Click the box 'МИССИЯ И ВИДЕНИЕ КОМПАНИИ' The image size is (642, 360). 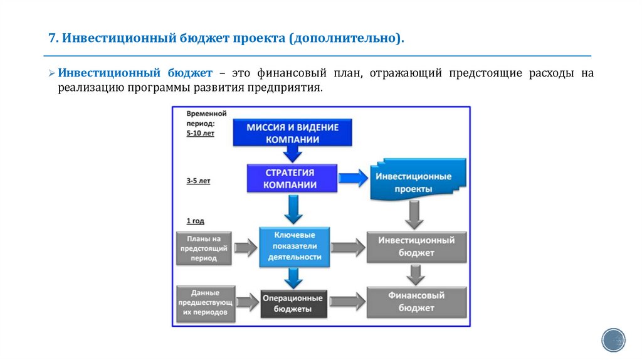click(292, 133)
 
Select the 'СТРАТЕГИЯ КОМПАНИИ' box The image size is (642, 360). click(289, 178)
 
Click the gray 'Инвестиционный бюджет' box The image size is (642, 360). click(416, 246)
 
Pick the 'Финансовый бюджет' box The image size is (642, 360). click(416, 301)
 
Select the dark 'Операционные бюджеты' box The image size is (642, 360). click(293, 304)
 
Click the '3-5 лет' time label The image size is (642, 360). click(198, 181)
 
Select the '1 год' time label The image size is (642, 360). click(195, 221)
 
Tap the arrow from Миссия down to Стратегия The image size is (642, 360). click(292, 154)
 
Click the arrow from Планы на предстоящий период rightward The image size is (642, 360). click(246, 246)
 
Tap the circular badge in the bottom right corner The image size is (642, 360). click(613, 339)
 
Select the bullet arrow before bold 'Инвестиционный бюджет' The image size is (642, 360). click(52, 73)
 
